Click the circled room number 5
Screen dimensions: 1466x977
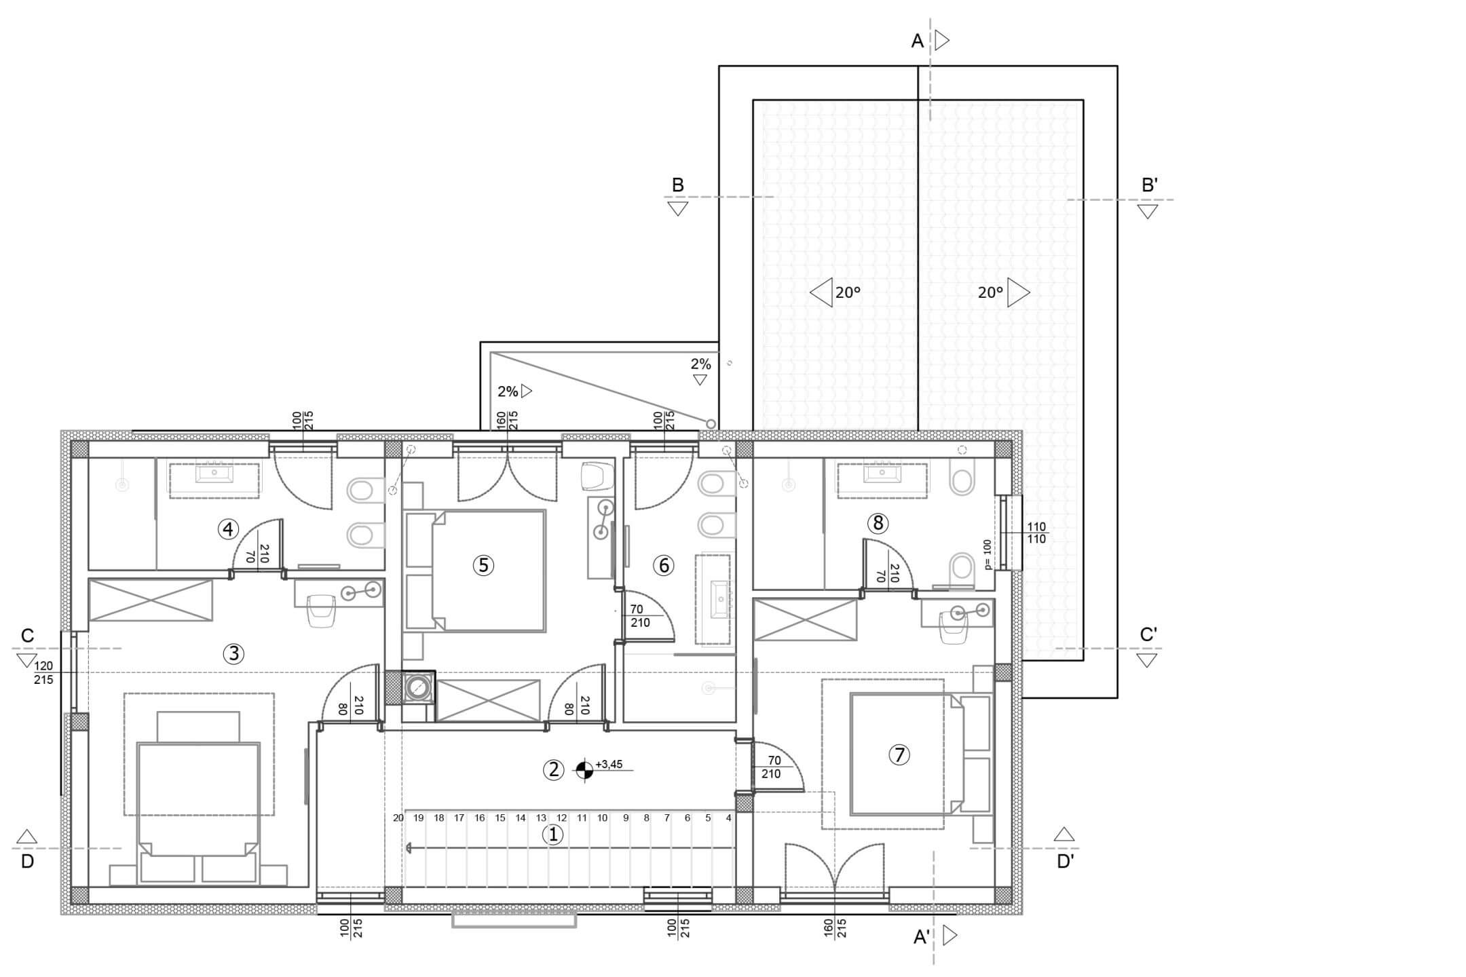[x=483, y=565]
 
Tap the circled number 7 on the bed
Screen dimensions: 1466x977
[x=899, y=754]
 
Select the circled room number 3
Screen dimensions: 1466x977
[x=233, y=653]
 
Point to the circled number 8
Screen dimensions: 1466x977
[x=878, y=522]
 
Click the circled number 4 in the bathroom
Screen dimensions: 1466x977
[x=228, y=529]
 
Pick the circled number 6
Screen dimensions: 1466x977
[x=663, y=565]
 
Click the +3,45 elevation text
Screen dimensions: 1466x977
[x=609, y=765]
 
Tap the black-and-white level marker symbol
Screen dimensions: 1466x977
[x=584, y=769]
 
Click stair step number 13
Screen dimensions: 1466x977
[x=541, y=818]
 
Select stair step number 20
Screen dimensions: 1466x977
[x=398, y=818]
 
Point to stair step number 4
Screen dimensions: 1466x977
[x=729, y=818]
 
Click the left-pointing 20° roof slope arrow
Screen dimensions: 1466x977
[x=821, y=292]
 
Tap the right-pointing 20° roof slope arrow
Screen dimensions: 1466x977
[x=1019, y=292]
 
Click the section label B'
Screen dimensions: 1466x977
[x=1149, y=185]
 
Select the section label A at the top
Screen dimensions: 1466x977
[x=917, y=41]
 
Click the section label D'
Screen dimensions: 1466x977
[x=1066, y=862]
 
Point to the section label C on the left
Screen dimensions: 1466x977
[x=27, y=636]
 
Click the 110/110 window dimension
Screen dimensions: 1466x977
[x=1036, y=533]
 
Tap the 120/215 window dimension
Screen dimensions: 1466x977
[x=43, y=673]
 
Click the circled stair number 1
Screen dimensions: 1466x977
[x=553, y=835]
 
